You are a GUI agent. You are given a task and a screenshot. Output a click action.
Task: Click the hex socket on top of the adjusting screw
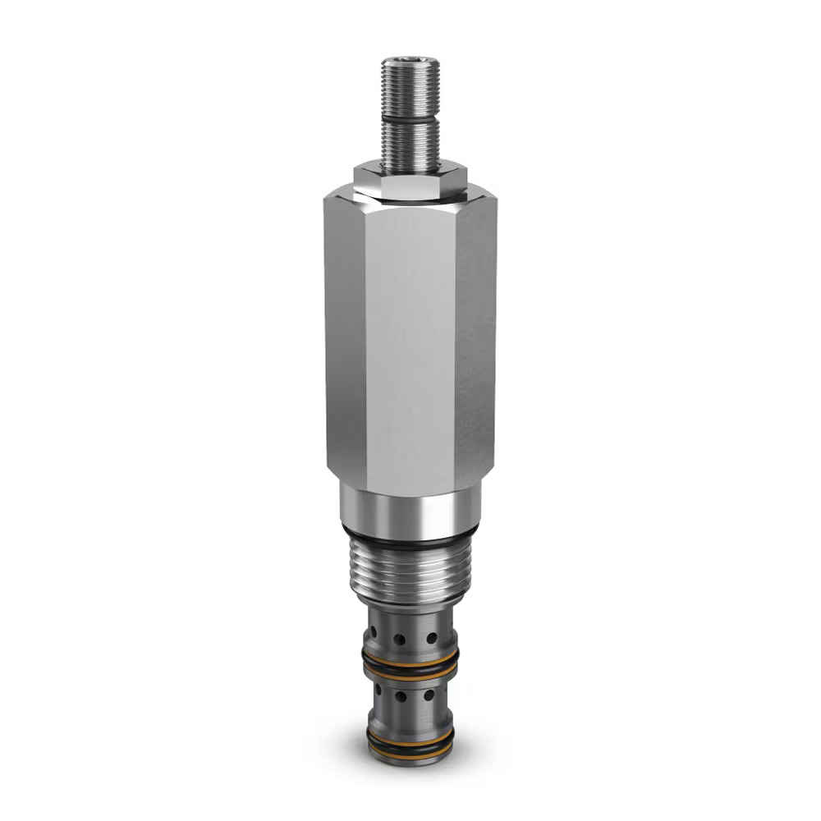click(x=410, y=62)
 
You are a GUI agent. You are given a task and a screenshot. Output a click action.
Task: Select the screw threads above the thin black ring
click(x=410, y=90)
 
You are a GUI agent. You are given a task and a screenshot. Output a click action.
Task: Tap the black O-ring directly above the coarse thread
click(x=410, y=542)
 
